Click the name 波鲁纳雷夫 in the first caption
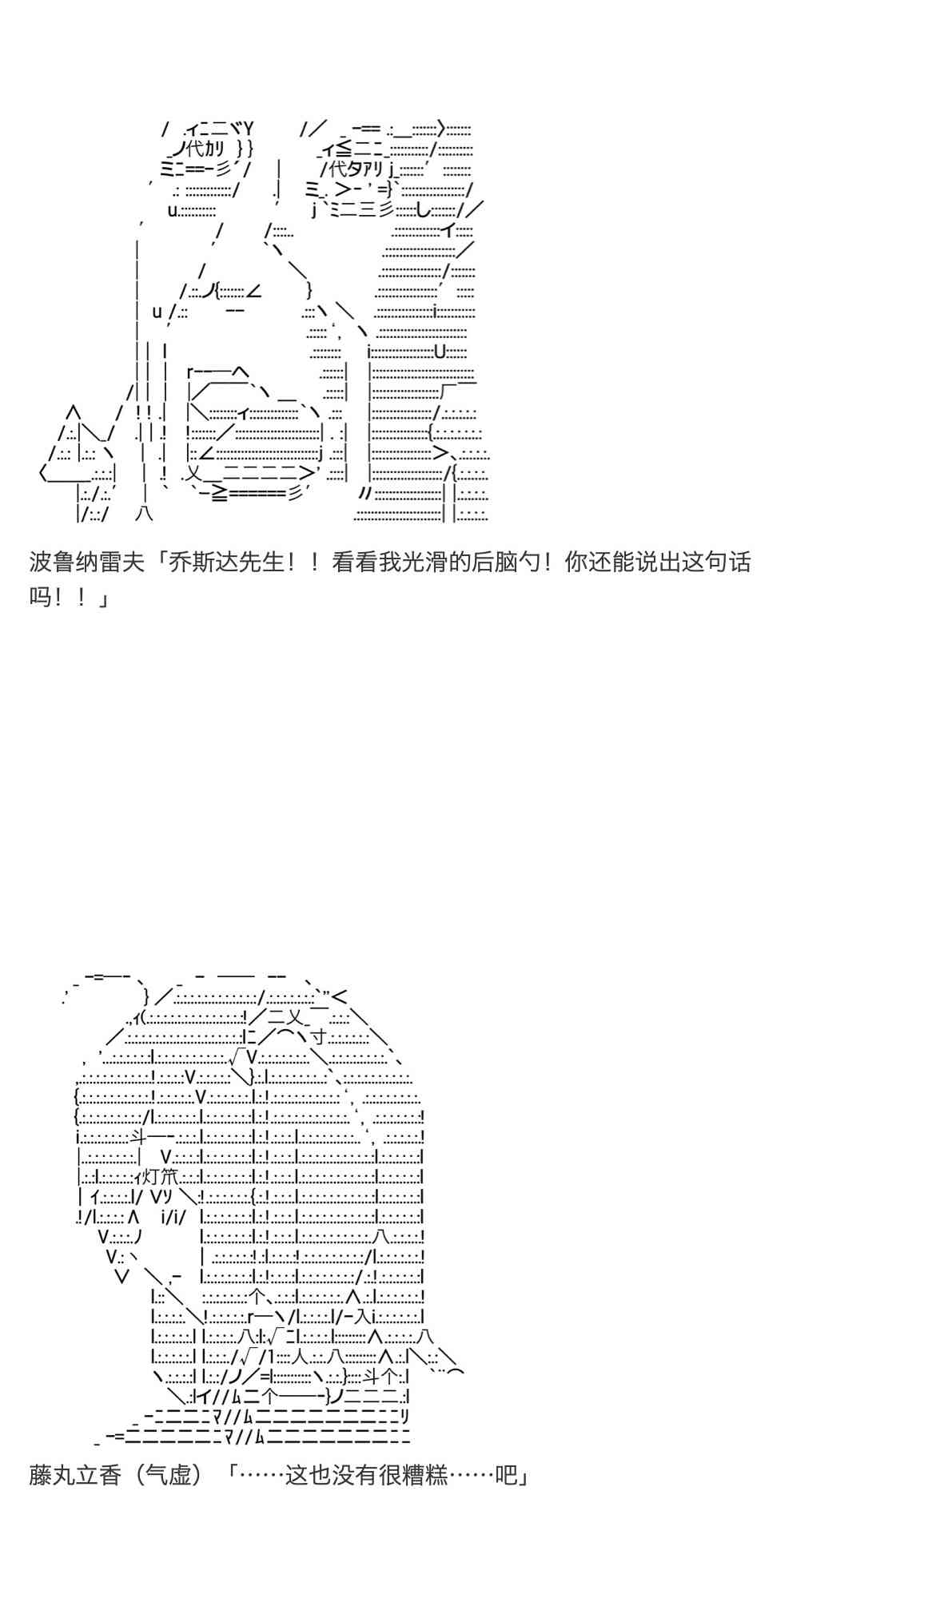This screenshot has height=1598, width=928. click(86, 562)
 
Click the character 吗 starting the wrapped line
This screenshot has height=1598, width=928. click(40, 597)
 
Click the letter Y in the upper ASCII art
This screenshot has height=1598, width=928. click(249, 128)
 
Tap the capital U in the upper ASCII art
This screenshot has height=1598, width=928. click(440, 352)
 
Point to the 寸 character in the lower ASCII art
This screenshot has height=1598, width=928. click(318, 1037)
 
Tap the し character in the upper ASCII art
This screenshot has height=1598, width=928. click(424, 210)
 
